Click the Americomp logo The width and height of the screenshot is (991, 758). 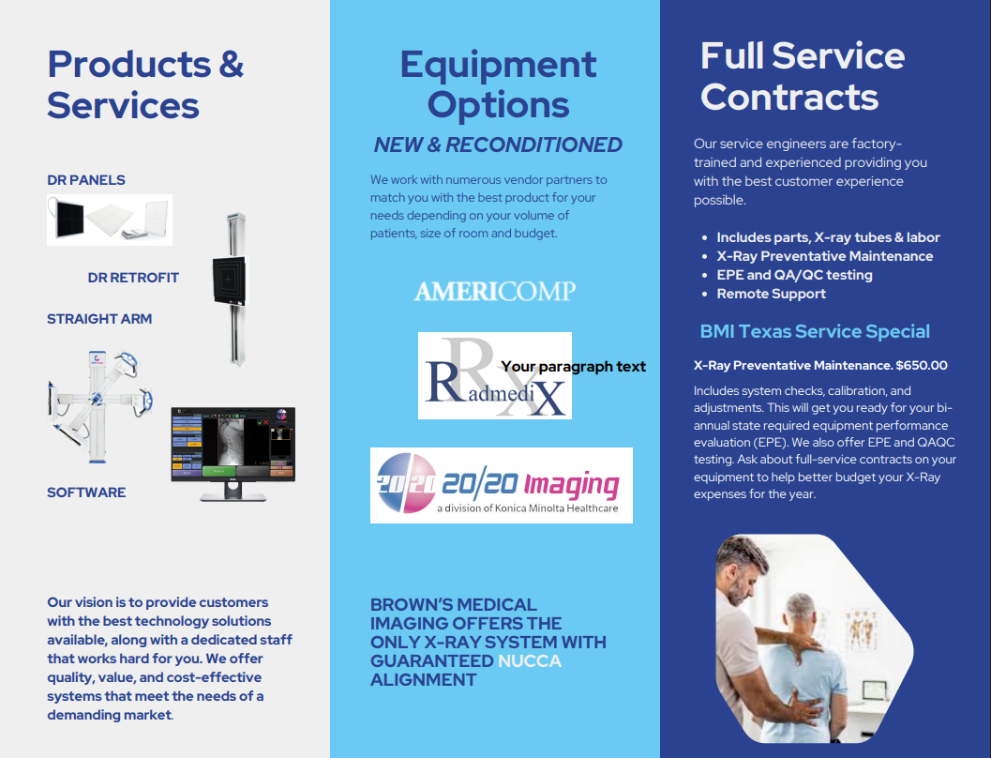click(x=495, y=291)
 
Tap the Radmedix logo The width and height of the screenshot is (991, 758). click(x=495, y=375)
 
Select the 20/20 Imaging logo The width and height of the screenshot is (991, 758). click(x=502, y=486)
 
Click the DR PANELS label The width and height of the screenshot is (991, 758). click(x=86, y=180)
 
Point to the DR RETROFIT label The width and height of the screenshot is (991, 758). click(x=133, y=278)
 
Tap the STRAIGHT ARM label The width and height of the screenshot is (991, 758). click(x=99, y=319)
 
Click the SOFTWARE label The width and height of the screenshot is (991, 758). click(x=86, y=493)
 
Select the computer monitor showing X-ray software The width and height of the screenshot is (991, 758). click(x=233, y=453)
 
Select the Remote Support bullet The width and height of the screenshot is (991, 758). click(x=771, y=294)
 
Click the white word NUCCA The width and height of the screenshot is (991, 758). click(x=530, y=661)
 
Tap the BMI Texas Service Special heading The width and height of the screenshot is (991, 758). click(x=815, y=331)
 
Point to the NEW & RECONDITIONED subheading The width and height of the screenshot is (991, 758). click(x=498, y=144)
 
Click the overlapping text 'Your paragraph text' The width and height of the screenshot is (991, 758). click(x=573, y=367)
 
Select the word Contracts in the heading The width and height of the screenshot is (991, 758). click(x=789, y=98)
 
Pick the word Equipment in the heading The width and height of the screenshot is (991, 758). click(x=498, y=65)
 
